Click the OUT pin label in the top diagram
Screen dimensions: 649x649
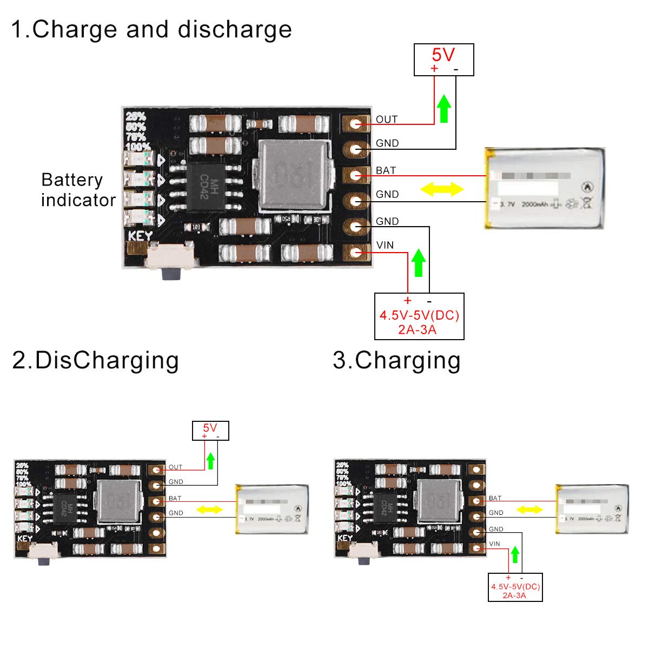pyautogui.click(x=387, y=120)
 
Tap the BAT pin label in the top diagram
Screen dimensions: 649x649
pyautogui.click(x=386, y=170)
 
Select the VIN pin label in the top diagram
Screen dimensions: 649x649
pyautogui.click(x=385, y=245)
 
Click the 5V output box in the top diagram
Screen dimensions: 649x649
pyautogui.click(x=443, y=59)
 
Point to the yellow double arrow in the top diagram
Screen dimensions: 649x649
pyautogui.click(x=442, y=189)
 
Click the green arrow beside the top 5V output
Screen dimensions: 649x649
pyautogui.click(x=444, y=108)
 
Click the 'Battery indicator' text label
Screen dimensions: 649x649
pyautogui.click(x=78, y=190)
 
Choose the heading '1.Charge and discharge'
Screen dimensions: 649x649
pyautogui.click(x=151, y=29)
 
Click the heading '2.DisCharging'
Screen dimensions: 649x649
pyautogui.click(x=95, y=360)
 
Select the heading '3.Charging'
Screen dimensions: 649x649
pyautogui.click(x=396, y=360)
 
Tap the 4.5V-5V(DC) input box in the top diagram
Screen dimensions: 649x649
pyautogui.click(x=419, y=316)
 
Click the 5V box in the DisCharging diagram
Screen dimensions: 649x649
pyautogui.click(x=210, y=431)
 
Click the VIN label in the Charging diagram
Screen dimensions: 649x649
pyautogui.click(x=494, y=544)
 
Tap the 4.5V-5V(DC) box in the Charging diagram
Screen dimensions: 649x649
pyautogui.click(x=515, y=587)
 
